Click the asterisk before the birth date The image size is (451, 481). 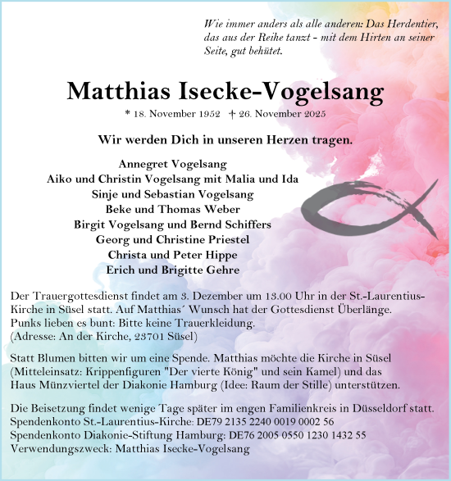126,115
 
